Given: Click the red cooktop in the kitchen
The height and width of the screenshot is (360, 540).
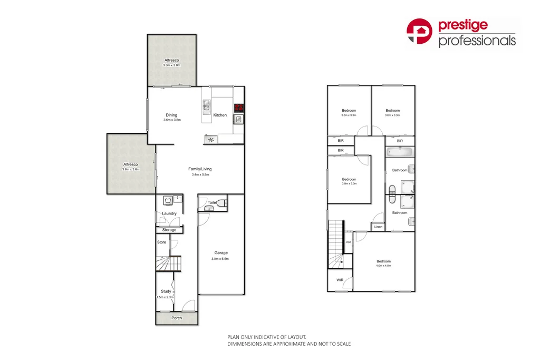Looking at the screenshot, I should click(x=239, y=108).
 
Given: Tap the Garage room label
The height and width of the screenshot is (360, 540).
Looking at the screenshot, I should click(x=221, y=253).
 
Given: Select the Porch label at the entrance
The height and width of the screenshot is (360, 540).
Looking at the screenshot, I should click(x=177, y=318).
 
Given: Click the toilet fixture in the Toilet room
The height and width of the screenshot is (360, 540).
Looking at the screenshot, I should click(x=223, y=202).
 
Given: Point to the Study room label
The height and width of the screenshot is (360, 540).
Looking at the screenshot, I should click(x=166, y=291).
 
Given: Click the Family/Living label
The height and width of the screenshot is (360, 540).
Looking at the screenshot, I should click(x=200, y=169).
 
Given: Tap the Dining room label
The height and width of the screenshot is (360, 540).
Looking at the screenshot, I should click(x=171, y=115).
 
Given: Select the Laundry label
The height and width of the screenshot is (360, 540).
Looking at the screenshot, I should click(x=169, y=213).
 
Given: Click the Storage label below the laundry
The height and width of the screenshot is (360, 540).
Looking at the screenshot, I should click(x=169, y=230).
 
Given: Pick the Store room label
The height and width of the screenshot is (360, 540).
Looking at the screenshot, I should click(x=162, y=242).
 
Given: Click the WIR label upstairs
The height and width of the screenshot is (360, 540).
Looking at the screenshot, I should click(x=340, y=280).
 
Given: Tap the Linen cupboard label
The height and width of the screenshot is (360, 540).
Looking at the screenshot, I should click(x=378, y=227).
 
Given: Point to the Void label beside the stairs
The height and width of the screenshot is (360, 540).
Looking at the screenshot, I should click(x=349, y=242).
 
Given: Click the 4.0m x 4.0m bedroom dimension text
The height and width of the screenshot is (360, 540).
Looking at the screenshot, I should click(x=383, y=266).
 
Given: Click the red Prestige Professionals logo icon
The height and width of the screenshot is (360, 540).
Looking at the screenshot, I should click(x=420, y=31).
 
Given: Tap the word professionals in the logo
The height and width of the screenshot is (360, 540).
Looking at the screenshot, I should click(x=477, y=41).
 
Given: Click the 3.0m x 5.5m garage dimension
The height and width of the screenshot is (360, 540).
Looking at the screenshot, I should click(x=221, y=259).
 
